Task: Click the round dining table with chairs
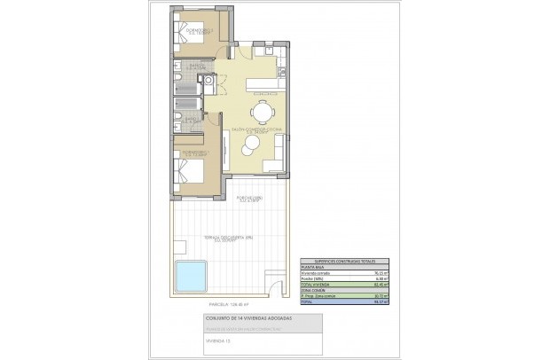pos(263,112)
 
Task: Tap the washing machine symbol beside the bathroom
pos(209,81)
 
